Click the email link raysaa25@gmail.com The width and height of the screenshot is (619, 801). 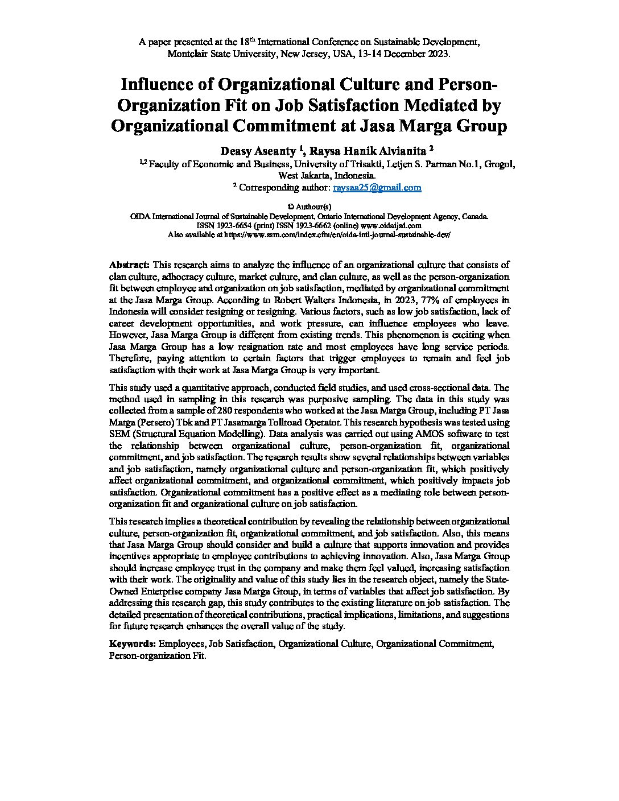(x=377, y=187)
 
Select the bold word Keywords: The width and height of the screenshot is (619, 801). (x=133, y=643)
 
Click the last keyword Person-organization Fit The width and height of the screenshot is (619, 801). (x=157, y=655)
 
